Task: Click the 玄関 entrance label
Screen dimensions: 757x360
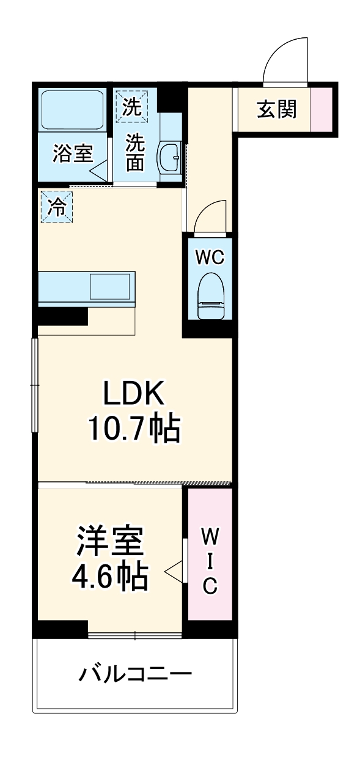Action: tap(276, 109)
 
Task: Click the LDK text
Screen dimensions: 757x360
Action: tap(134, 396)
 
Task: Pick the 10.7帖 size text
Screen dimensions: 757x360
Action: tap(134, 429)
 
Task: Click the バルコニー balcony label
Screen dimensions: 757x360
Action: tap(135, 674)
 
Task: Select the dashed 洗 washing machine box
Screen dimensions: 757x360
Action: tap(132, 105)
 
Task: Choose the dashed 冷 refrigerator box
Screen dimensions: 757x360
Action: tap(56, 207)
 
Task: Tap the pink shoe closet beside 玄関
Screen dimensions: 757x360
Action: tap(321, 109)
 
